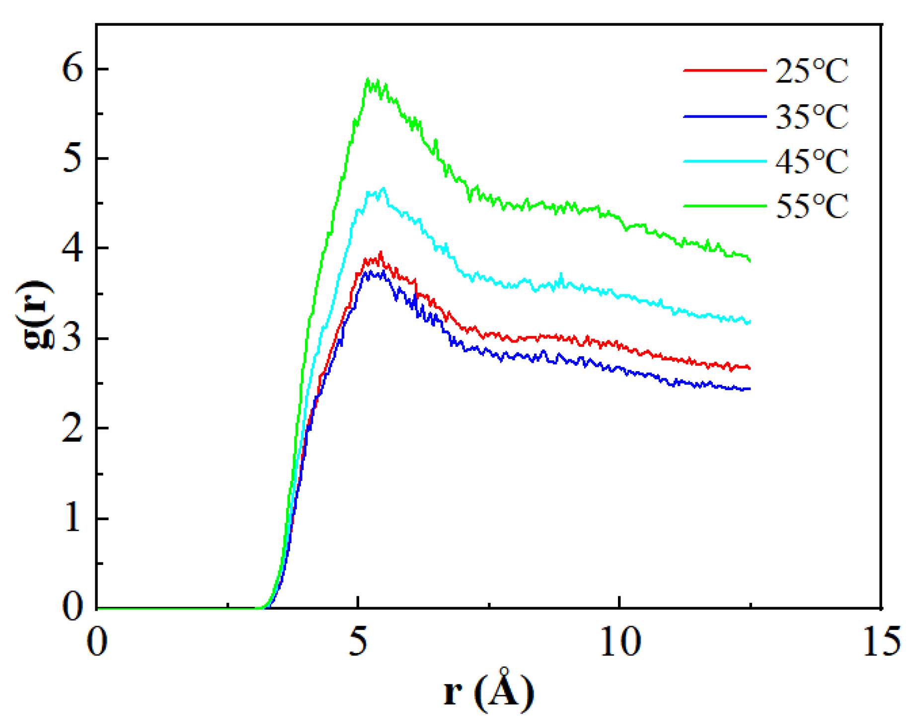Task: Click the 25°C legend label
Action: click(x=811, y=71)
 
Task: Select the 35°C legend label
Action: click(x=811, y=116)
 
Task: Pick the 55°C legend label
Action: click(x=811, y=206)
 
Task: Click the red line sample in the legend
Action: click(x=724, y=71)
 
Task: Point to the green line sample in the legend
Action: click(x=724, y=205)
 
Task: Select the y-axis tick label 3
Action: click(x=73, y=338)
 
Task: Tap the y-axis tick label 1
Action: click(x=73, y=518)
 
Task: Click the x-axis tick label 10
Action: click(x=619, y=642)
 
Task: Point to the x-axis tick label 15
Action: click(x=881, y=642)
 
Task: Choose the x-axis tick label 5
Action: click(x=358, y=642)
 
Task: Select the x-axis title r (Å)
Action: click(x=489, y=691)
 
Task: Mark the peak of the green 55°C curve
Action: click(x=368, y=80)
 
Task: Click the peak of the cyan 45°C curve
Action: click(x=383, y=188)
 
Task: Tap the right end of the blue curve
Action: click(x=749, y=389)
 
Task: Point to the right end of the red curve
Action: click(x=749, y=368)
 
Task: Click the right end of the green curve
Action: click(x=749, y=260)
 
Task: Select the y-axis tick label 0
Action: click(x=73, y=607)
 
